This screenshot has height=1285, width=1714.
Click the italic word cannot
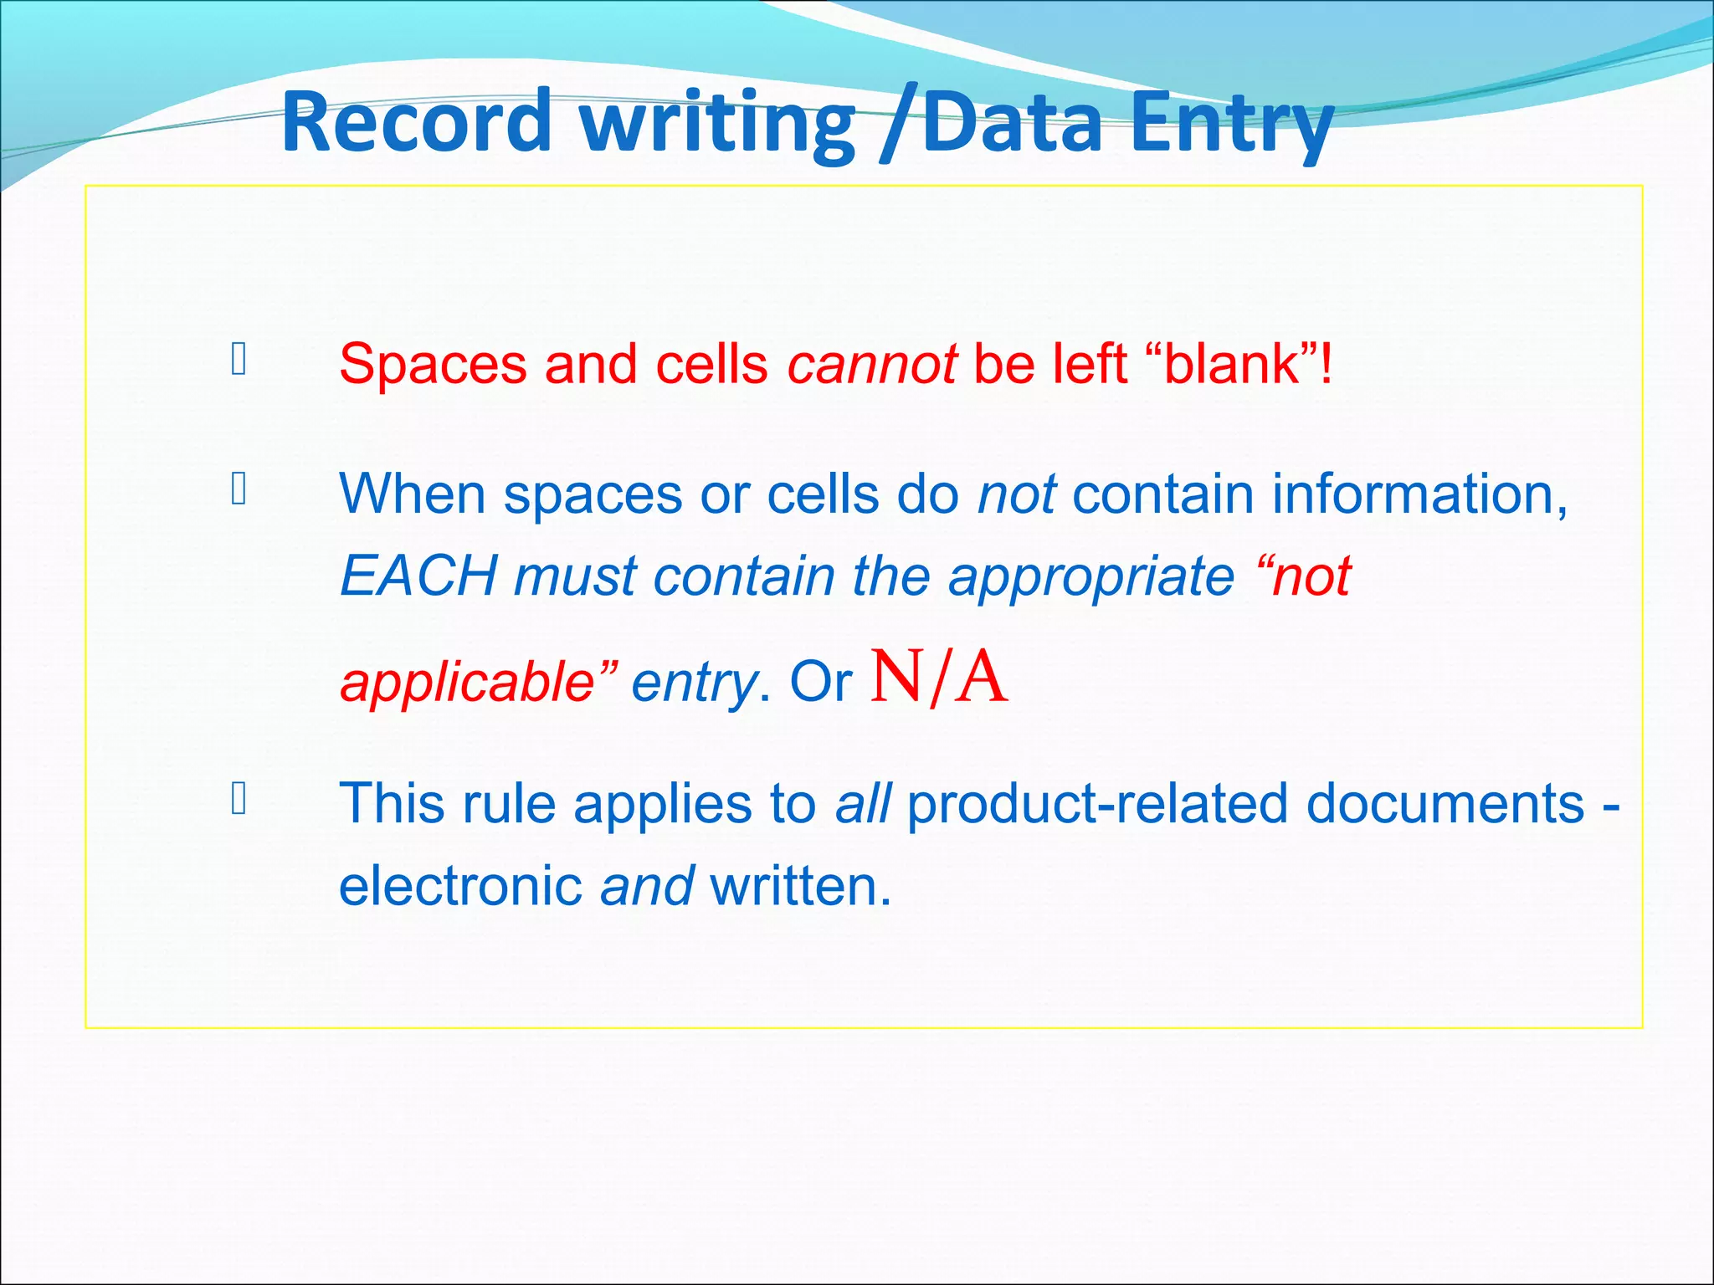point(871,365)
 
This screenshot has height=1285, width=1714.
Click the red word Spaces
point(433,366)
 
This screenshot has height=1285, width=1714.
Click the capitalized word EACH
point(418,576)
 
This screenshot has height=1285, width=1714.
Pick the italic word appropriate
point(1090,578)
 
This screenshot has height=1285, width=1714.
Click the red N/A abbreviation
point(938,678)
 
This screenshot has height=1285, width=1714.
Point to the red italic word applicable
point(467,682)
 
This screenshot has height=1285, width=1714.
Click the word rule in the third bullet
point(508,803)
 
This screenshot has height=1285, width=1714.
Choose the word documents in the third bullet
point(1445,803)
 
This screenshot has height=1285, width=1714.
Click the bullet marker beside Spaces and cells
point(239,359)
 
